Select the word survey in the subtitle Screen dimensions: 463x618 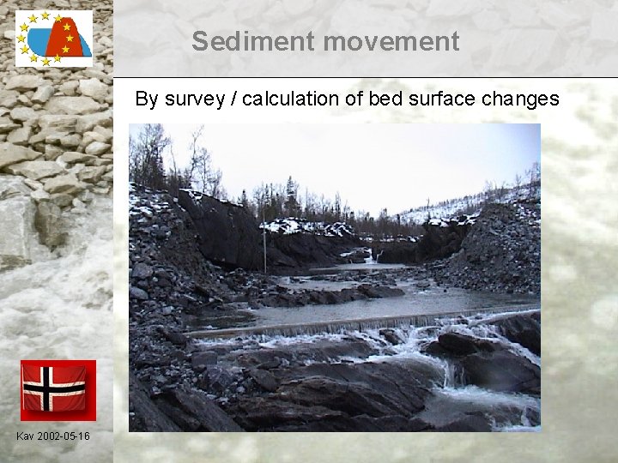192,99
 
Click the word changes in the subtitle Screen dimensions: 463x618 520,99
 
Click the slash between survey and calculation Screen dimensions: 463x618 231,99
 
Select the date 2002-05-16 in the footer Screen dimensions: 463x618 64,437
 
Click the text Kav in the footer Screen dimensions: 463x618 26,437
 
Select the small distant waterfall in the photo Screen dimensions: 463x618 374,256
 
